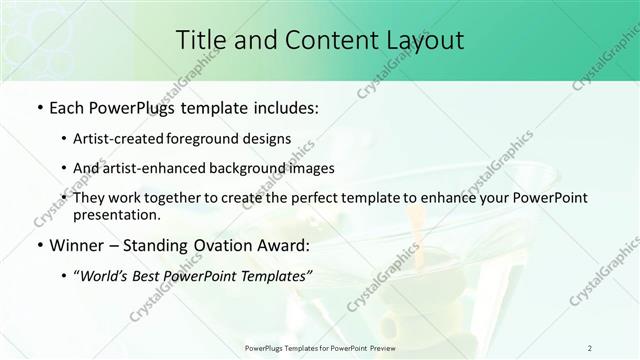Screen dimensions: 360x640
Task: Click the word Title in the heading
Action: (x=200, y=40)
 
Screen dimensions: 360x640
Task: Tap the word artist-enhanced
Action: (x=166, y=168)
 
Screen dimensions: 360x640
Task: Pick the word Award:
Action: (x=279, y=245)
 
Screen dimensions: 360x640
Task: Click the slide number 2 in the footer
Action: (x=590, y=347)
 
